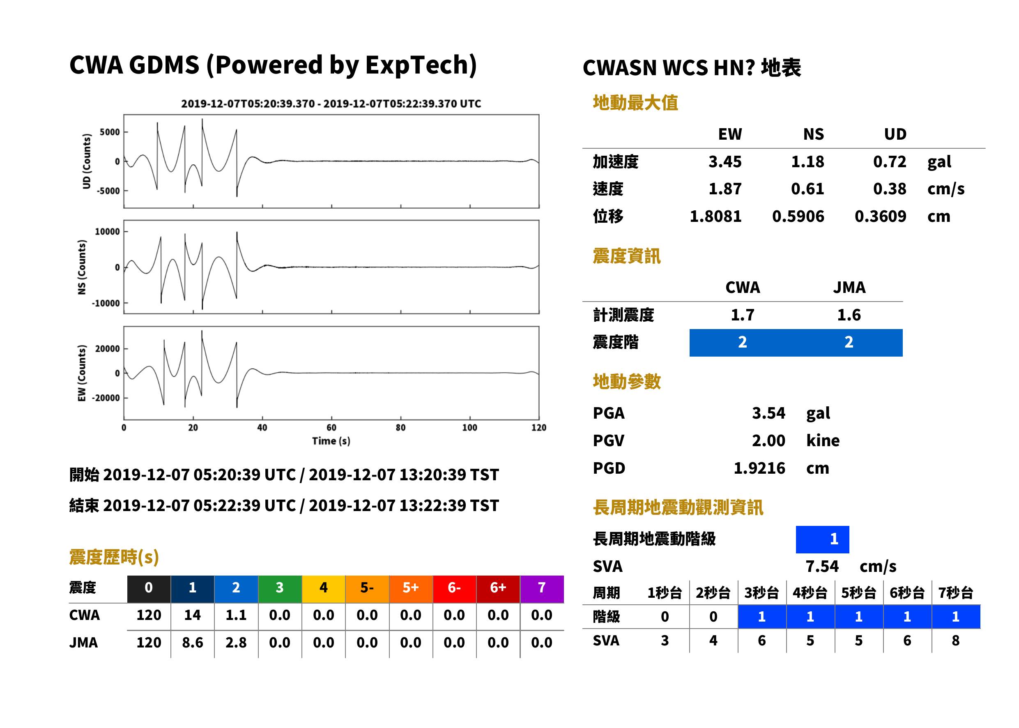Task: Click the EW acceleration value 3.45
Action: pyautogui.click(x=725, y=161)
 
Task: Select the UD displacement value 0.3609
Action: pyautogui.click(x=880, y=216)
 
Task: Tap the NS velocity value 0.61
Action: pyautogui.click(x=807, y=189)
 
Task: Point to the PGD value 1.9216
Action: pyautogui.click(x=759, y=468)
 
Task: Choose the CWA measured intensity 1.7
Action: pyautogui.click(x=743, y=315)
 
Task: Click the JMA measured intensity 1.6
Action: pyautogui.click(x=849, y=315)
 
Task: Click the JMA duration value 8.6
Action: pyautogui.click(x=192, y=643)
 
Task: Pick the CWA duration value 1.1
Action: pyautogui.click(x=236, y=615)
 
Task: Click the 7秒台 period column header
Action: pyautogui.click(x=955, y=592)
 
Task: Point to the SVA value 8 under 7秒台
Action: pyautogui.click(x=955, y=640)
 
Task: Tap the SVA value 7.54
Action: pyautogui.click(x=822, y=566)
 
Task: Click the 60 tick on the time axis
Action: pyautogui.click(x=331, y=428)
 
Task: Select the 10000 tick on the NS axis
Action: pyautogui.click(x=107, y=232)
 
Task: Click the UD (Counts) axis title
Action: pyautogui.click(x=87, y=161)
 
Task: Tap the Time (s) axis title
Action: pyautogui.click(x=331, y=441)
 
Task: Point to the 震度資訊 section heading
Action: pyautogui.click(x=626, y=256)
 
